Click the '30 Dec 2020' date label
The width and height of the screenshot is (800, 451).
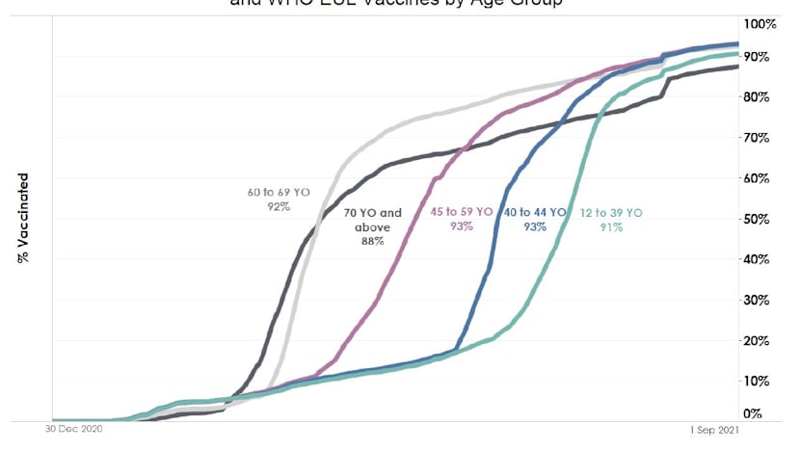point(74,429)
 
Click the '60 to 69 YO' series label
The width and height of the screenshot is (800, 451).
point(279,193)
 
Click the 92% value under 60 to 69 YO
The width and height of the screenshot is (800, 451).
point(279,207)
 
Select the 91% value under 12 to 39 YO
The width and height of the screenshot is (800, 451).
point(611,227)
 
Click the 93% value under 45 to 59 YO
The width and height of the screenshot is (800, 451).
point(460,227)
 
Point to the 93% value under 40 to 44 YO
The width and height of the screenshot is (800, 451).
point(536,227)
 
